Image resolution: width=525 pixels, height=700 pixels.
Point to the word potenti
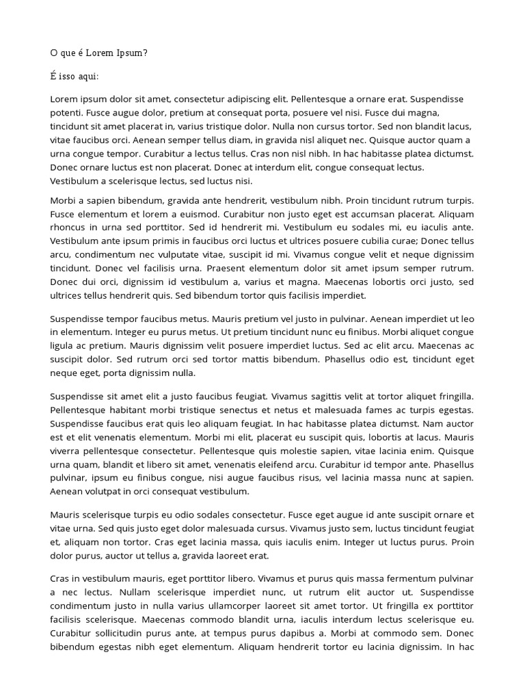pyautogui.click(x=66, y=113)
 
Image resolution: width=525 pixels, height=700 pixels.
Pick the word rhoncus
pyautogui.click(x=69, y=228)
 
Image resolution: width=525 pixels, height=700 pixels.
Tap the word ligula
pyautogui.click(x=64, y=346)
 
